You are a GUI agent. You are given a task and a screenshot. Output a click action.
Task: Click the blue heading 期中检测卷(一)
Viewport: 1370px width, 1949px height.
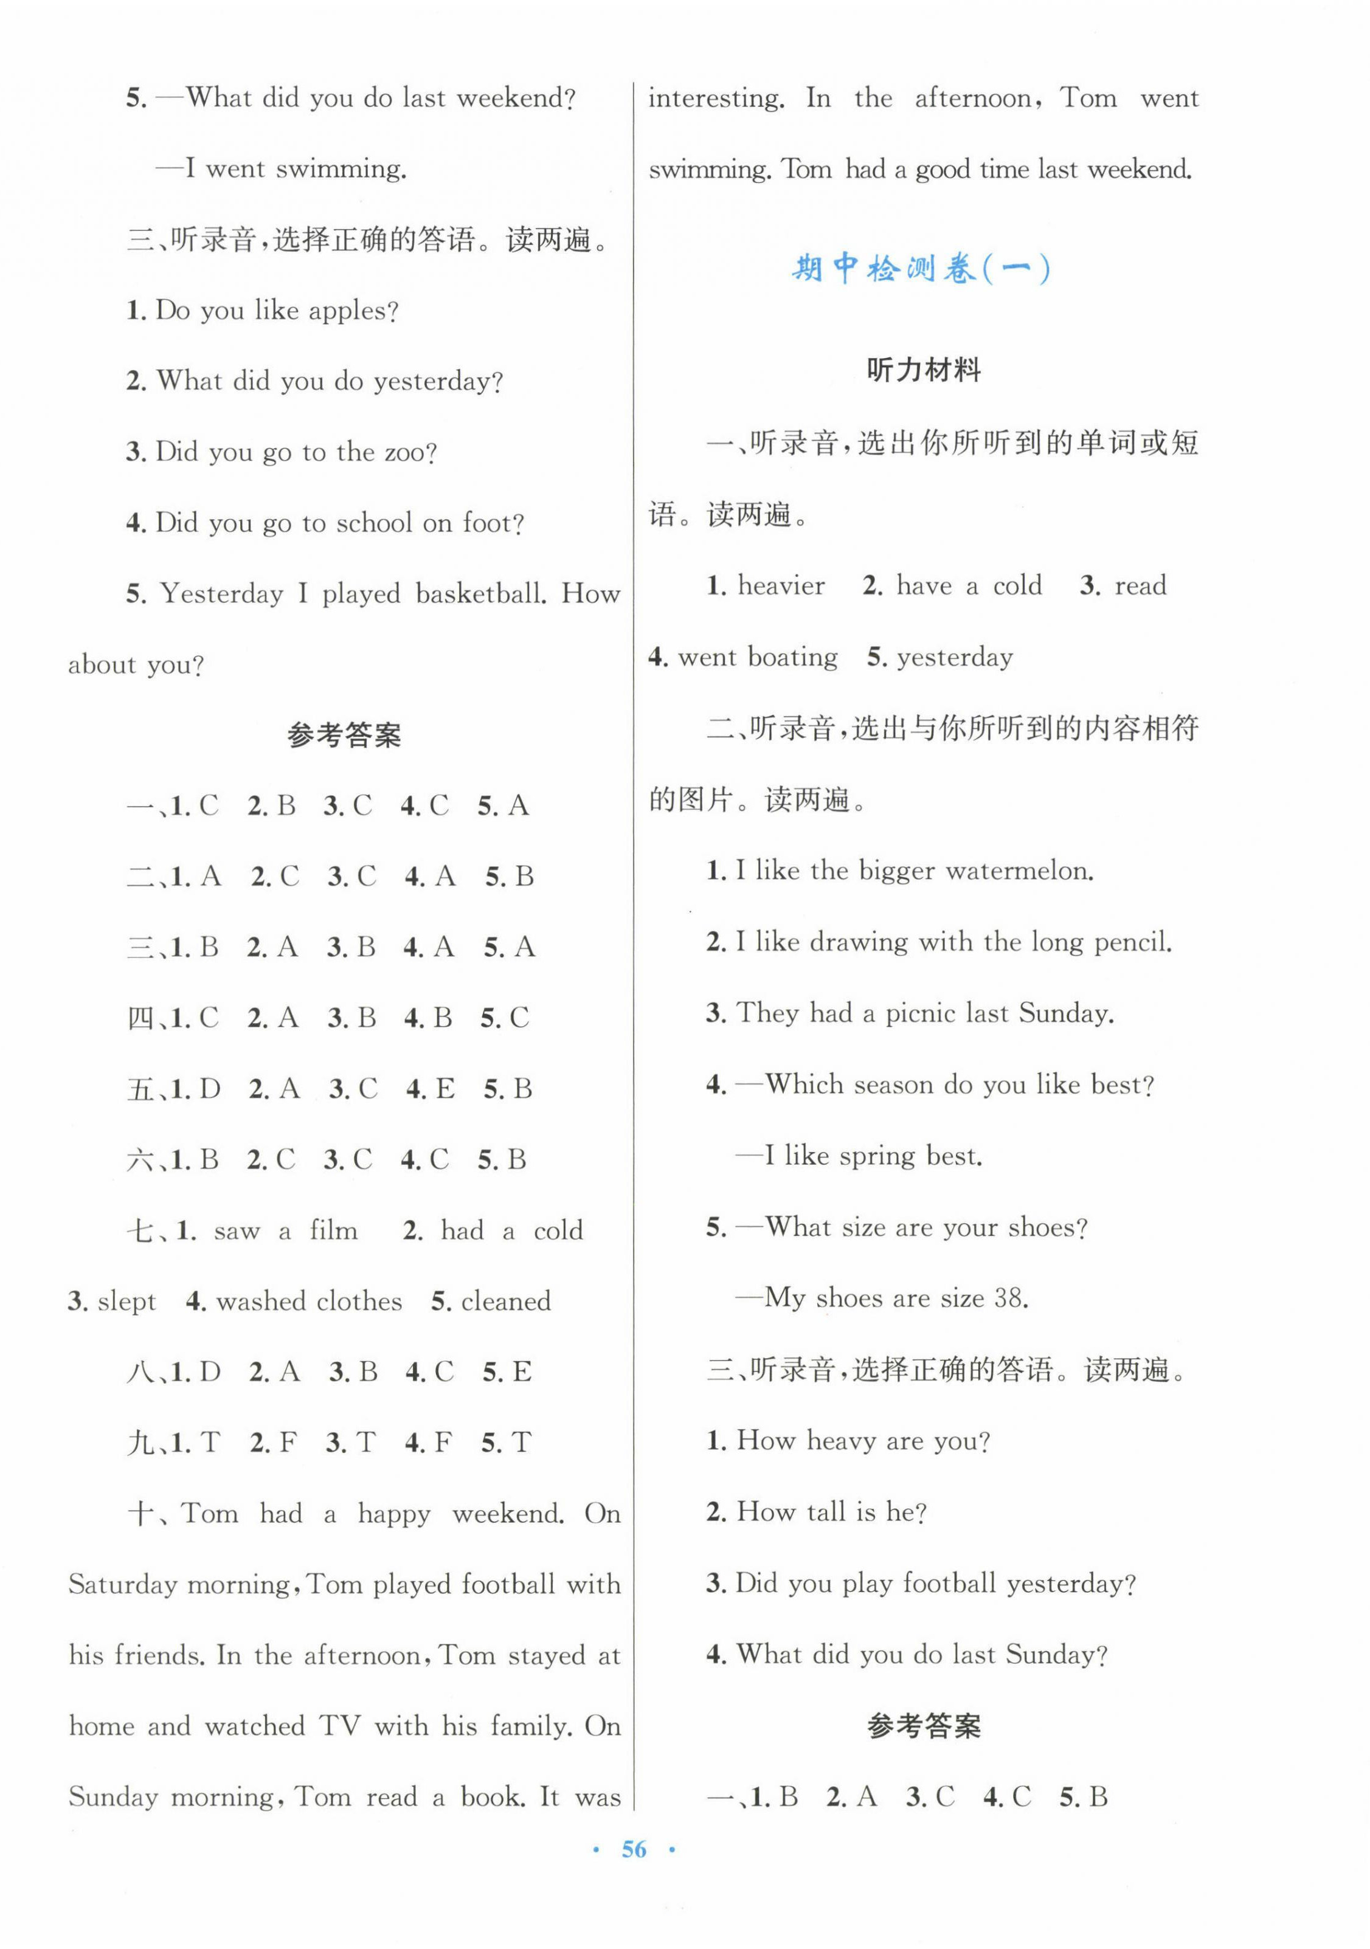pos(922,270)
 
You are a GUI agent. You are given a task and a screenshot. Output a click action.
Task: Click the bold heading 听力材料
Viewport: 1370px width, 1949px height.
pos(924,370)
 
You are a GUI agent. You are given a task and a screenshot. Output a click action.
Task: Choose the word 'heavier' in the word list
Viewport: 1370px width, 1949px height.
pos(781,585)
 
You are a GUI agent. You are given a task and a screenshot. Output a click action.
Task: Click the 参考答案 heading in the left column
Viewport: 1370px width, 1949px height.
pos(344,735)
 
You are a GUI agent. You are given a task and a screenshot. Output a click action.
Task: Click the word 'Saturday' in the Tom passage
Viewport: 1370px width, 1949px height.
pos(122,1585)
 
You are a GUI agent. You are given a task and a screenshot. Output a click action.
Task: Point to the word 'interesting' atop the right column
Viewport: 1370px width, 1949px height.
pos(716,99)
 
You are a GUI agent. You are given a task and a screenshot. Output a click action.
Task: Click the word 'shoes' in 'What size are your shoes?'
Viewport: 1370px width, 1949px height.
pos(1039,1227)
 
